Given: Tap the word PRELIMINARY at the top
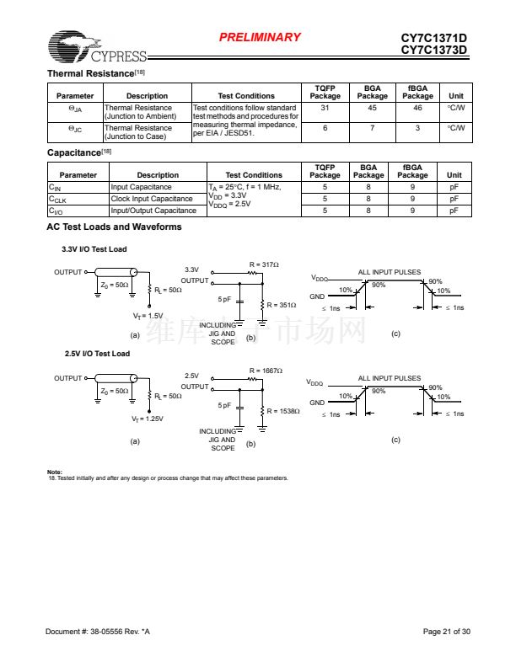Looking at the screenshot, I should pyautogui.click(x=260, y=37).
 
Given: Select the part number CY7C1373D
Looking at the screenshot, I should pyautogui.click(x=434, y=50).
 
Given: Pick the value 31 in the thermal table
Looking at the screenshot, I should pyautogui.click(x=325, y=108).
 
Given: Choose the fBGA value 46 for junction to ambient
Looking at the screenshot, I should pyautogui.click(x=417, y=108).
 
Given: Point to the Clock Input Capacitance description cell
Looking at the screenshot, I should pyautogui.click(x=152, y=199).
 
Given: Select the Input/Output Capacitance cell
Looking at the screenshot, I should pyautogui.click(x=153, y=211).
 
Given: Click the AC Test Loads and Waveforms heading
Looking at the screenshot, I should pyautogui.click(x=114, y=227).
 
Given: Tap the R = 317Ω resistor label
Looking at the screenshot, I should pyautogui.click(x=264, y=264).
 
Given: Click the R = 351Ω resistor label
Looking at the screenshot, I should pyautogui.click(x=282, y=305).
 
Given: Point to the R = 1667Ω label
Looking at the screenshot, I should pyautogui.click(x=266, y=371).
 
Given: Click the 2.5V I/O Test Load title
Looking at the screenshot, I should pyautogui.click(x=97, y=354).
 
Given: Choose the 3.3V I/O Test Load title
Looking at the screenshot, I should pyautogui.click(x=94, y=249).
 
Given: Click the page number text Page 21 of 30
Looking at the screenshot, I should pyautogui.click(x=446, y=632).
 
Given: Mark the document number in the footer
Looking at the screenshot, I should pyautogui.click(x=98, y=632).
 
